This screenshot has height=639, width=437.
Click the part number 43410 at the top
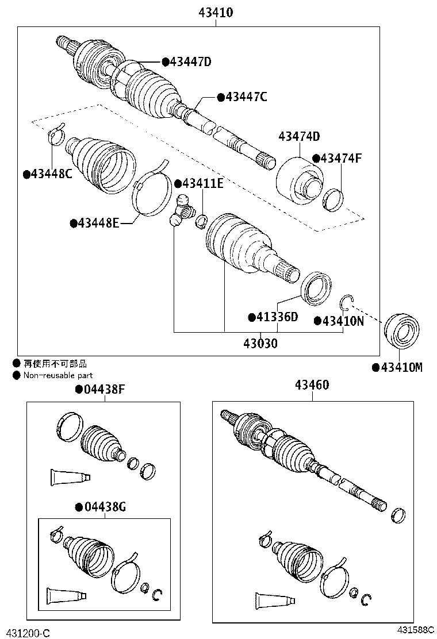click(216, 12)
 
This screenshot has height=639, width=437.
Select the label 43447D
click(190, 61)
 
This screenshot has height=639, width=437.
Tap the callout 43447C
click(246, 97)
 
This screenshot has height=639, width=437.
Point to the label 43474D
click(299, 136)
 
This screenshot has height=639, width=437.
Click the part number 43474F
click(341, 158)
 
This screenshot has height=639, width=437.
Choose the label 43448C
click(51, 174)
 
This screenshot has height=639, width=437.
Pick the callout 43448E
click(98, 223)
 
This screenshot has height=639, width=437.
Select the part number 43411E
click(202, 184)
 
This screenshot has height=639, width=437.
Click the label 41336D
click(277, 317)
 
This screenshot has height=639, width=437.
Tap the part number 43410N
click(343, 321)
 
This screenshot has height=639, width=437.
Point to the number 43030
click(260, 344)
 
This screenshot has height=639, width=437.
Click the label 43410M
click(401, 368)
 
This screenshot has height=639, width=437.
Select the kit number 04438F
click(104, 390)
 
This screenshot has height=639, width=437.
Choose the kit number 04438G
click(105, 507)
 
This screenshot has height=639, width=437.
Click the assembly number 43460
click(312, 384)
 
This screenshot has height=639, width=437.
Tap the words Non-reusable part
click(58, 375)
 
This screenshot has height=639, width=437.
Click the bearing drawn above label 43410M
click(402, 330)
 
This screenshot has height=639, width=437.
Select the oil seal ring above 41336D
click(316, 288)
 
